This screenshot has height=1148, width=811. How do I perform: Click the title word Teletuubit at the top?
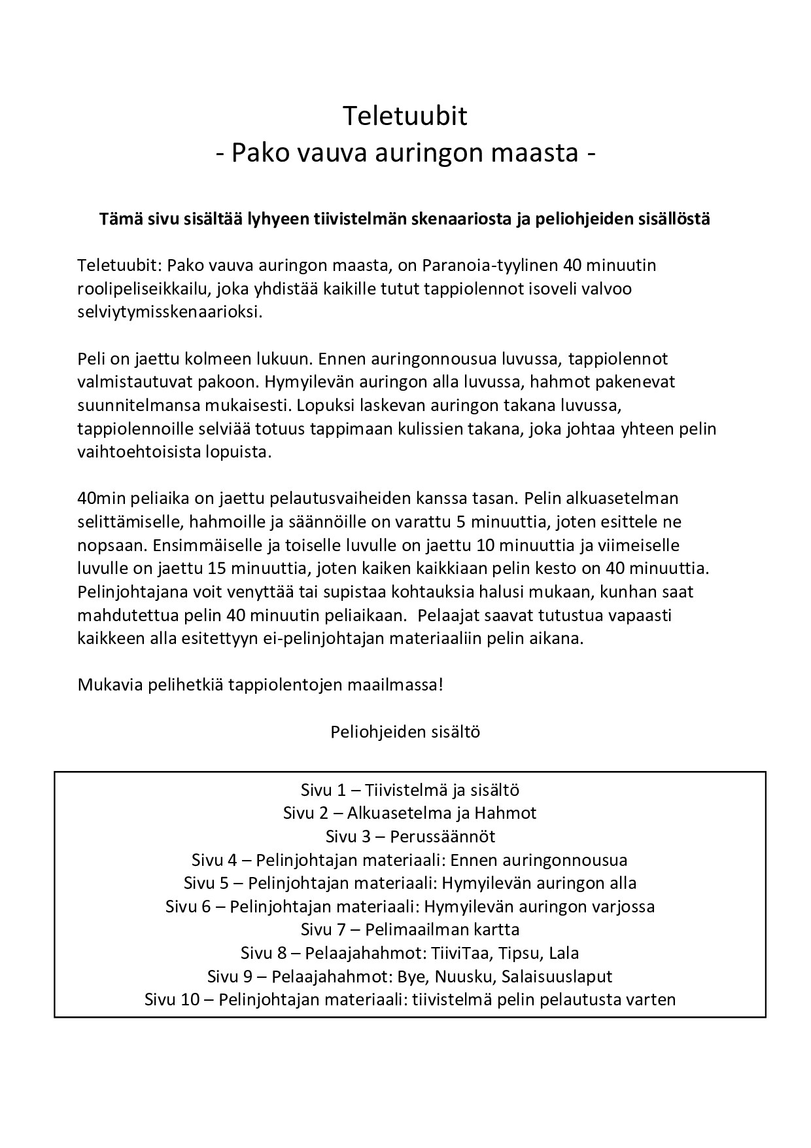pyautogui.click(x=405, y=117)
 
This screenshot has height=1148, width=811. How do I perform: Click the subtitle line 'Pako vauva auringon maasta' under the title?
pyautogui.click(x=405, y=153)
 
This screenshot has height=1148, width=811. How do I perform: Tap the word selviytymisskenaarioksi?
pyautogui.click(x=169, y=312)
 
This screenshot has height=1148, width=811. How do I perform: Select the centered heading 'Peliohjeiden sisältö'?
pyautogui.click(x=405, y=731)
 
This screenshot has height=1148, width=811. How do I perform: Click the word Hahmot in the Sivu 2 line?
pyautogui.click(x=506, y=813)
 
